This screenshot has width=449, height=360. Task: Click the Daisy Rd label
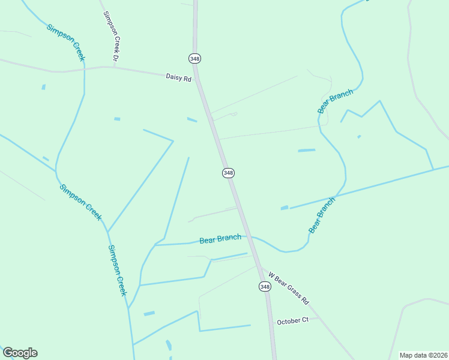[x=178, y=77]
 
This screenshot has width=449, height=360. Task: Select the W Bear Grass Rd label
[x=289, y=288]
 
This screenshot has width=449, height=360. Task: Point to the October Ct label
[x=292, y=320]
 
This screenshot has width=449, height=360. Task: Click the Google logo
[x=20, y=353]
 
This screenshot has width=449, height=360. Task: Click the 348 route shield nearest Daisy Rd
[x=194, y=58]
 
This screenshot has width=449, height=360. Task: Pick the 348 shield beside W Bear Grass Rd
[x=265, y=287]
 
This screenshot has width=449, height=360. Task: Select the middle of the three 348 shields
[x=228, y=173]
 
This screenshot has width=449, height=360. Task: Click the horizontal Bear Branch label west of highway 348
[x=220, y=239]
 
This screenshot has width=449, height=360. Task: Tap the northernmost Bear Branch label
[x=335, y=101]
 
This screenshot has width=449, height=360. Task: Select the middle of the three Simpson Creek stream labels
[x=80, y=202]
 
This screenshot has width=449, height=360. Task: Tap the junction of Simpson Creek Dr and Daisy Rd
[x=113, y=67]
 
